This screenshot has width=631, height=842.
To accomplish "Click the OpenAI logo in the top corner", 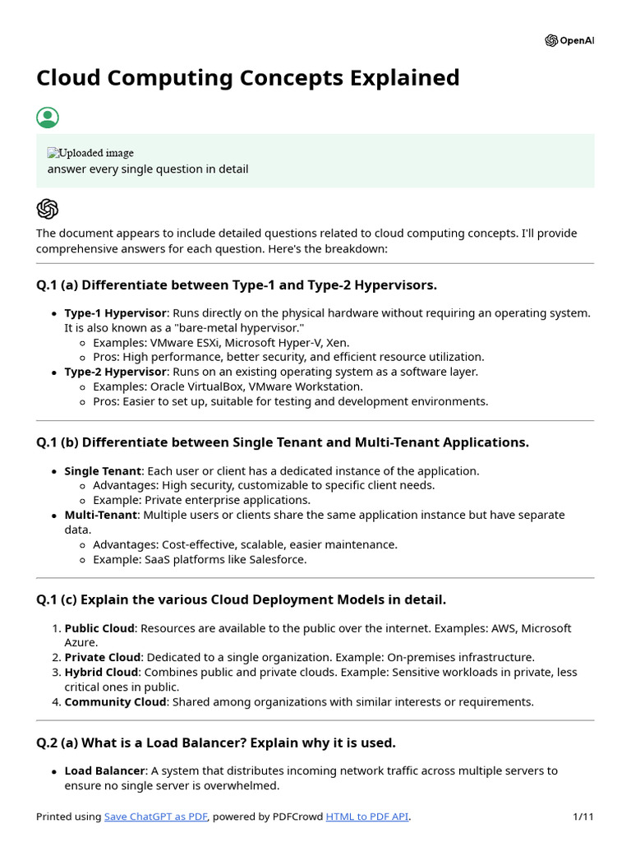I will [x=569, y=41].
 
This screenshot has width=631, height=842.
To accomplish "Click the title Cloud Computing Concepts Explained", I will [x=247, y=78].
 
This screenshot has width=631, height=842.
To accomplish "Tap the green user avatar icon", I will [x=48, y=118].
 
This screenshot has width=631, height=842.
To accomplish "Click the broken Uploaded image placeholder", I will [x=90, y=153].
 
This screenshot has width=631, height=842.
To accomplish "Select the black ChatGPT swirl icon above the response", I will [x=48, y=209].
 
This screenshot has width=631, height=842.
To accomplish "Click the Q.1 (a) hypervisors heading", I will [x=237, y=285].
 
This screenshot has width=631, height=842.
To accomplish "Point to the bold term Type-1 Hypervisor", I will [x=116, y=313].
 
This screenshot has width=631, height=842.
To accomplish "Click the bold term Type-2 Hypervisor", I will [x=116, y=372].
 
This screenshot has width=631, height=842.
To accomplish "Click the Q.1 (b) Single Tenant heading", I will [x=283, y=442].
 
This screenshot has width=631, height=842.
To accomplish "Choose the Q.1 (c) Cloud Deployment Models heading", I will [x=242, y=599].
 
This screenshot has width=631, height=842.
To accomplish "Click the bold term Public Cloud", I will [x=99, y=628].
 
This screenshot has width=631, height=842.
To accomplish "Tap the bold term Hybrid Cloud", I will [x=101, y=673].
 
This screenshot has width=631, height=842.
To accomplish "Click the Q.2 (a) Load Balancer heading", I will [x=216, y=743].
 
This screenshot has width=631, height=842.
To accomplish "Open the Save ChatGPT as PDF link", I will [x=156, y=817].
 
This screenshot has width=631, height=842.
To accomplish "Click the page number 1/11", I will [x=583, y=817].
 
